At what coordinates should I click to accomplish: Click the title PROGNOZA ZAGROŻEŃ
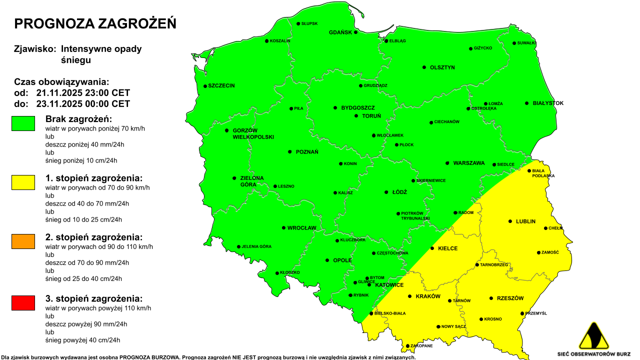tap(95, 24)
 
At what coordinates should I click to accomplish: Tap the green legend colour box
tap(23, 123)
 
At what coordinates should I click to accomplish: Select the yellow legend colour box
tap(23, 182)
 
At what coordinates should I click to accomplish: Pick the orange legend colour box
tap(23, 241)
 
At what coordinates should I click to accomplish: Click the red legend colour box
tap(23, 303)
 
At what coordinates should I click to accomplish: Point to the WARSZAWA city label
tap(469, 163)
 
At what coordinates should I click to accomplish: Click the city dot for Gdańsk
tap(356, 32)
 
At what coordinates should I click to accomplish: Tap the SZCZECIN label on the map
tap(221, 86)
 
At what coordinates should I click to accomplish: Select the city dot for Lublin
tap(510, 221)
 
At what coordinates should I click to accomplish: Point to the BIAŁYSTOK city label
tap(548, 103)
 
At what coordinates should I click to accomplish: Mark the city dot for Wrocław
tap(283, 228)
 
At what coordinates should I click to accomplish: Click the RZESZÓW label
tap(510, 298)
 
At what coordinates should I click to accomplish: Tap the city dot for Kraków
tap(409, 296)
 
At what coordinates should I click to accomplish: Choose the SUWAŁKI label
tap(527, 43)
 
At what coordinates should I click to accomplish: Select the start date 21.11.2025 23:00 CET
tap(83, 93)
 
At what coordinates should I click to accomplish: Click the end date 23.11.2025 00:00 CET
tap(83, 104)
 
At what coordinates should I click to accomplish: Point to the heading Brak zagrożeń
tap(78, 119)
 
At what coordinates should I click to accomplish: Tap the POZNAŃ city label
tap(306, 152)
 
